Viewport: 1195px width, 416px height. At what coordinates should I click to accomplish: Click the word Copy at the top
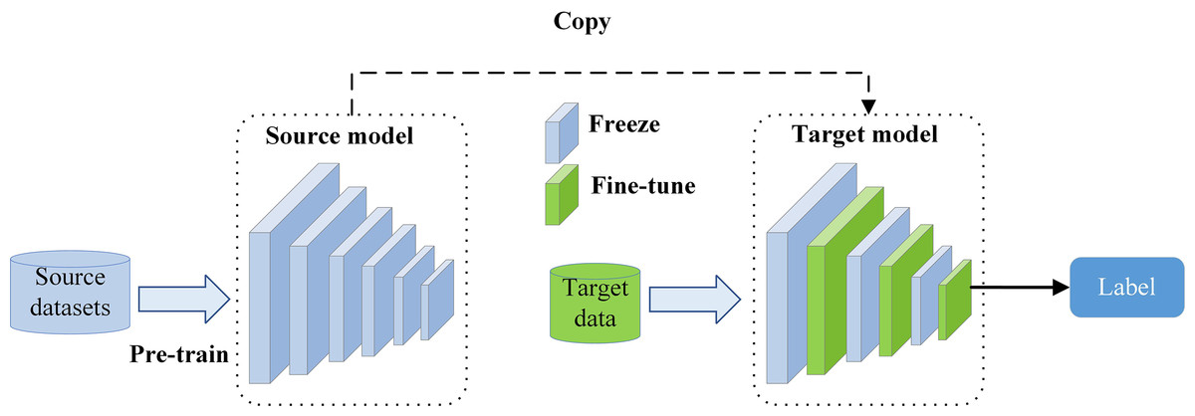[x=582, y=21]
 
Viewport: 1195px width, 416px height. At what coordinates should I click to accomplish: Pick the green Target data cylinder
[x=595, y=302]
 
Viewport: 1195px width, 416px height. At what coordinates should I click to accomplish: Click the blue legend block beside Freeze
[x=561, y=130]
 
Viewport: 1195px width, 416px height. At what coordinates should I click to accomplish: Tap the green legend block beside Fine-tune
[x=561, y=195]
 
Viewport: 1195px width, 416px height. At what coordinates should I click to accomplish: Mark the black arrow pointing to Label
[x=1017, y=287]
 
